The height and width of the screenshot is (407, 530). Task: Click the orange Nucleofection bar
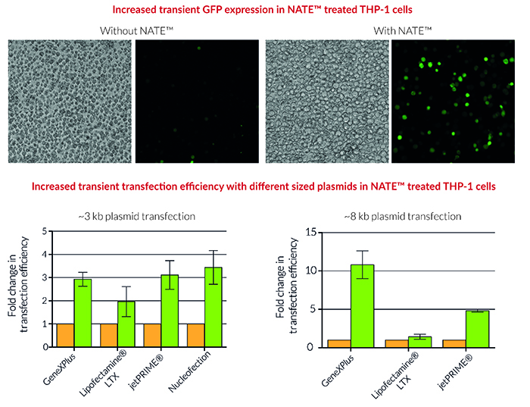coord(195,336)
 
